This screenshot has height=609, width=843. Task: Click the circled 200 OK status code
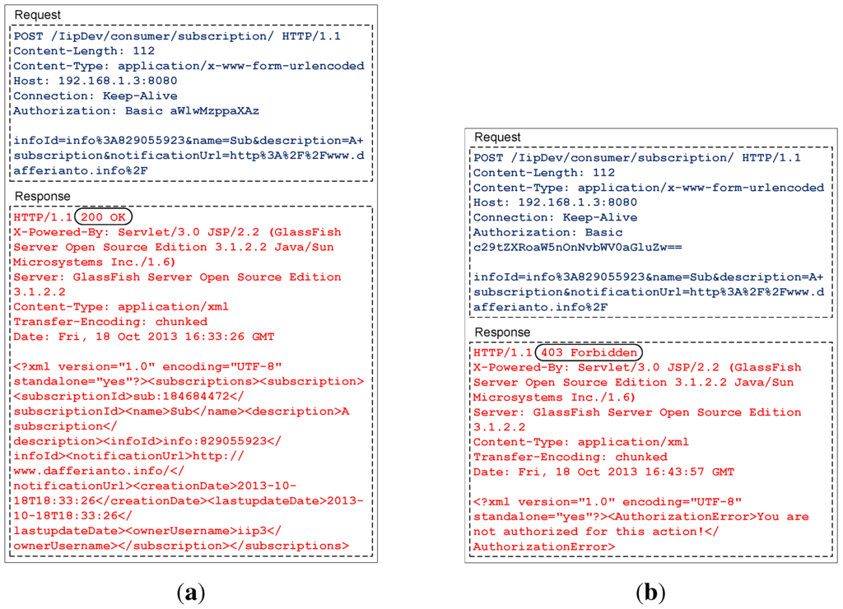click(x=103, y=217)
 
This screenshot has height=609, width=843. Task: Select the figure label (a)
click(x=191, y=592)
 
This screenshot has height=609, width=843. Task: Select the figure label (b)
click(x=650, y=592)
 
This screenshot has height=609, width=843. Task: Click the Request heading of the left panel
click(x=38, y=16)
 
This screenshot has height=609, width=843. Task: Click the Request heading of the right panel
click(x=497, y=137)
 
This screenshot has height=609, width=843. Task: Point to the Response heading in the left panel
click(x=42, y=197)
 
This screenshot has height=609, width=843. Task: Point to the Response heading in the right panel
click(x=502, y=332)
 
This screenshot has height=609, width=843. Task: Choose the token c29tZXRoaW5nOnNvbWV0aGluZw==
click(x=561, y=247)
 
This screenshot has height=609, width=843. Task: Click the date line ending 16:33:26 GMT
click(x=144, y=337)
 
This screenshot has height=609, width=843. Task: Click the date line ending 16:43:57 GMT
click(x=603, y=472)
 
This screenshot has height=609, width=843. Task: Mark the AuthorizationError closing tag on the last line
click(x=544, y=546)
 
